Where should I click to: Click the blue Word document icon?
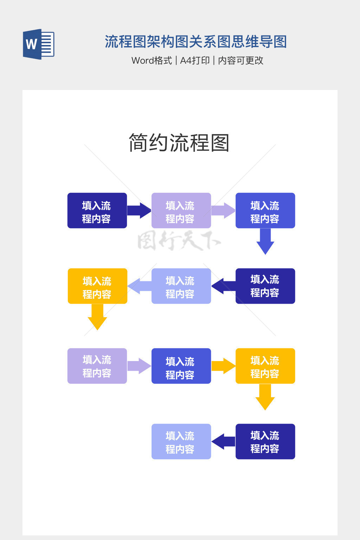pyautogui.click(x=38, y=44)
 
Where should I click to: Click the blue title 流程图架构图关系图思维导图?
pyautogui.click(x=196, y=42)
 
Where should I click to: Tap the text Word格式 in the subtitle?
pyautogui.click(x=152, y=60)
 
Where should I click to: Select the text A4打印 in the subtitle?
pyautogui.click(x=195, y=60)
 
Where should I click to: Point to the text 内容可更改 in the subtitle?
pyautogui.click(x=240, y=60)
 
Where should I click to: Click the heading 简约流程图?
pyautogui.click(x=179, y=143)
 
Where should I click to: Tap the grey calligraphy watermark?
pyautogui.click(x=179, y=240)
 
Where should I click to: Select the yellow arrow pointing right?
pyautogui.click(x=223, y=366)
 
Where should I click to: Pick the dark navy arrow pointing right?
pyautogui.click(x=139, y=211)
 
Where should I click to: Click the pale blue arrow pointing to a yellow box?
pyautogui.click(x=140, y=286)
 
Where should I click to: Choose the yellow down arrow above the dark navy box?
pyautogui.click(x=265, y=397)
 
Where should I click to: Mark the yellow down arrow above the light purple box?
pyautogui.click(x=97, y=317)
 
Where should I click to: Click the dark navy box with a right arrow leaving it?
pyautogui.click(x=97, y=211)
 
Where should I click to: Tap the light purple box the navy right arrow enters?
pyautogui.click(x=181, y=211)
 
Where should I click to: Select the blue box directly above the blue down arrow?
pyautogui.click(x=265, y=211)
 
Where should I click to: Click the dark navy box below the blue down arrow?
pyautogui.click(x=265, y=286)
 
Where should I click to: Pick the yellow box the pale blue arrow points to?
pyautogui.click(x=97, y=286)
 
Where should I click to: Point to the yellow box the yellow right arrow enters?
pyautogui.click(x=265, y=366)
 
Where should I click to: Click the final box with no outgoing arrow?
pyautogui.click(x=181, y=442)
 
